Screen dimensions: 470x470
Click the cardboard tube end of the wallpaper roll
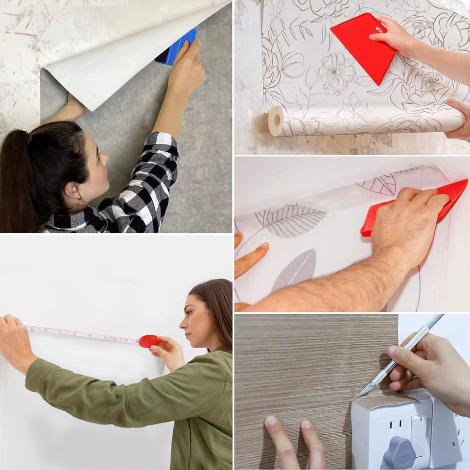[276, 120]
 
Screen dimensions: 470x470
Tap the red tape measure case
[149, 341]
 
